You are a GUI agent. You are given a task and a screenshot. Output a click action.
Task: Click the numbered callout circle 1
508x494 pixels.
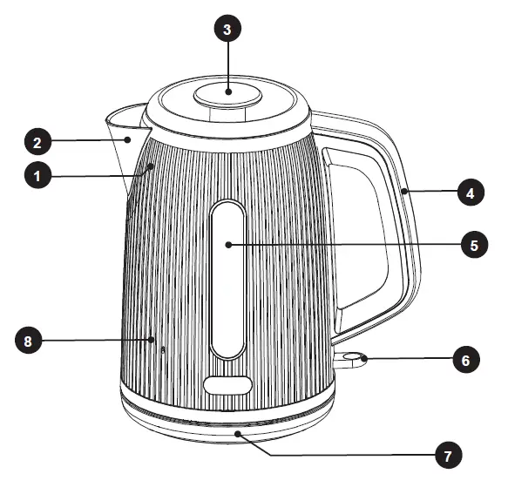coord(36,175)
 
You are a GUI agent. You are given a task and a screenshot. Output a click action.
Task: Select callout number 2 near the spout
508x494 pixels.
coord(36,140)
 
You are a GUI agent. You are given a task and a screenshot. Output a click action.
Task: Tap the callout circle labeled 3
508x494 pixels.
coord(227,29)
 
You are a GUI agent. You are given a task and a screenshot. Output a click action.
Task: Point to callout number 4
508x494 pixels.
coord(470,193)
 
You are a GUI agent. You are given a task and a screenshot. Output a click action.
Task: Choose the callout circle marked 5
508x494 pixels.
coord(473,245)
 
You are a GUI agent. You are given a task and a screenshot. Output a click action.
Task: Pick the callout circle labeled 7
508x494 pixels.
coord(447,454)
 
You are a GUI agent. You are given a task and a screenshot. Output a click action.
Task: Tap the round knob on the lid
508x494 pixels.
coord(227,93)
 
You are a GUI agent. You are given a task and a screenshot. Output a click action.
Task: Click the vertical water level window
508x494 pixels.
coord(228,279)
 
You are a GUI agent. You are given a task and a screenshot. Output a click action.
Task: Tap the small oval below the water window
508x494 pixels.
coord(227,384)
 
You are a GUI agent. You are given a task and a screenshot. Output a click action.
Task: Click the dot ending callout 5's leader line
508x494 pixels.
coord(228,245)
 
